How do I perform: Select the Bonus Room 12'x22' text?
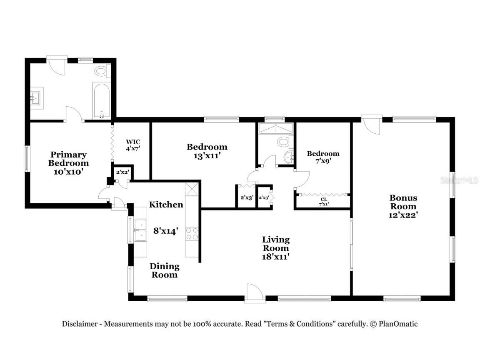[x=403, y=206]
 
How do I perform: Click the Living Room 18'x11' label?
[x=275, y=248]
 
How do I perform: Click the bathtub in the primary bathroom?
[x=101, y=100]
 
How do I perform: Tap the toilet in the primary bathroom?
[x=101, y=71]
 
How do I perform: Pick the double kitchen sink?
[x=140, y=230]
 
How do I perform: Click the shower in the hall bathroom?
[x=275, y=129]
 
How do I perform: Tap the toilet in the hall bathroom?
[x=285, y=142]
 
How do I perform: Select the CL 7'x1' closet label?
[x=323, y=202]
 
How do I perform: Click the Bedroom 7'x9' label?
[x=323, y=157]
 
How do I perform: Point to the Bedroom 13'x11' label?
[x=207, y=151]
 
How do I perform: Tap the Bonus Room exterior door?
[x=371, y=125]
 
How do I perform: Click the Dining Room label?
[x=165, y=270]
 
